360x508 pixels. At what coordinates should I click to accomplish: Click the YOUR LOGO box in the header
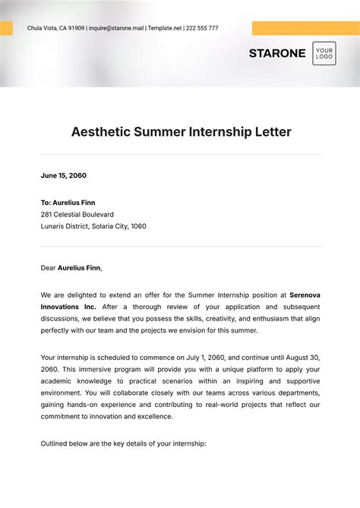tap(324, 53)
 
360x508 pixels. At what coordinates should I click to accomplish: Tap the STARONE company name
tap(277, 53)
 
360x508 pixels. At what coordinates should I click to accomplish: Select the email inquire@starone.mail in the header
tap(116, 28)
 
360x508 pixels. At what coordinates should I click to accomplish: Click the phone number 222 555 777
tap(202, 28)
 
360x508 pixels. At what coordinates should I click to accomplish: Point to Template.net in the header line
tap(166, 28)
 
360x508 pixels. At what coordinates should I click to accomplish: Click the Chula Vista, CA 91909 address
tap(55, 28)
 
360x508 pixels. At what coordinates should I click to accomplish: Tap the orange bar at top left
tap(6, 28)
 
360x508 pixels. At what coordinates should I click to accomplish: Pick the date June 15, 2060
tap(64, 175)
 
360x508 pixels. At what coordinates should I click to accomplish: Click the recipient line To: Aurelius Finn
tap(68, 203)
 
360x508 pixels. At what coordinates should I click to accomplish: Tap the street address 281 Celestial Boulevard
tap(77, 214)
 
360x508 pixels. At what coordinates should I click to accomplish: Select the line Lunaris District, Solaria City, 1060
tap(93, 226)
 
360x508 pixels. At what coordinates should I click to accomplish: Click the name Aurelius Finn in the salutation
tap(79, 267)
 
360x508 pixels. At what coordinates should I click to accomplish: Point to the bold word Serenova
tap(305, 295)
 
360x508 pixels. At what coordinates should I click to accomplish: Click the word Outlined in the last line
tap(56, 443)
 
